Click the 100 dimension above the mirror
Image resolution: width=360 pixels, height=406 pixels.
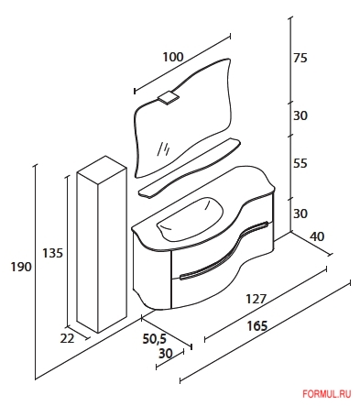coord(173,57)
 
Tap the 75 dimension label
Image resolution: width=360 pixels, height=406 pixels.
coord(300,58)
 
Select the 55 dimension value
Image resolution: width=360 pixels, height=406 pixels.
coord(300,163)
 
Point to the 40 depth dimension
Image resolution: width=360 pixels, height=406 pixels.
coord(317,236)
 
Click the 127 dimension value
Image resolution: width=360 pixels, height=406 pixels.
coord(256,299)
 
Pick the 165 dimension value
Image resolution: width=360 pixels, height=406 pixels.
coord(257,326)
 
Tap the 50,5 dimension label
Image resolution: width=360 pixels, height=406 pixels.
coord(155,339)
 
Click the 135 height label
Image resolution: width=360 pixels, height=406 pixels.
coord(52,253)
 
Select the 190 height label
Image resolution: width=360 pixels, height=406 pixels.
coord(21,267)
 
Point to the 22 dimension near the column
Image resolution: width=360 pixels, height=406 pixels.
coord(67,338)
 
